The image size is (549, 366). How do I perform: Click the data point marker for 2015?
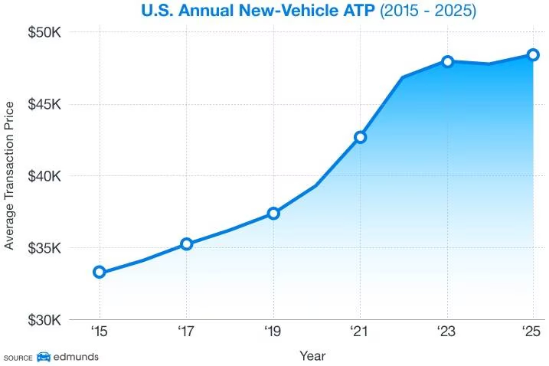[100, 272]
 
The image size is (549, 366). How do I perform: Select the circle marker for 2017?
[187, 244]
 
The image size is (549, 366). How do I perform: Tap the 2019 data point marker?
[273, 214]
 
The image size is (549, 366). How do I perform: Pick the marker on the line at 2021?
[360, 137]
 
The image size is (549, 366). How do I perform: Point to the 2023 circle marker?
[447, 61]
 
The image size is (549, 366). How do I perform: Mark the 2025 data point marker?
[534, 54]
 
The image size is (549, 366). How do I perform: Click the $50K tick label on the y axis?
[45, 33]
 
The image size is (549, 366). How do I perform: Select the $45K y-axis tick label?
[45, 105]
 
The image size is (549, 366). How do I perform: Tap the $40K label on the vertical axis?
[45, 176]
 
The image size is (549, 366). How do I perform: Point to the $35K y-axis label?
[45, 248]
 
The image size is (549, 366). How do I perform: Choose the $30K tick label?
[45, 320]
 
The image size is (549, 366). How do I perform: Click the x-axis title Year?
[312, 356]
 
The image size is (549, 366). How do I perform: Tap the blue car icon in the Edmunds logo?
[44, 357]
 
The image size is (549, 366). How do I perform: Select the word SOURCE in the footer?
[18, 358]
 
